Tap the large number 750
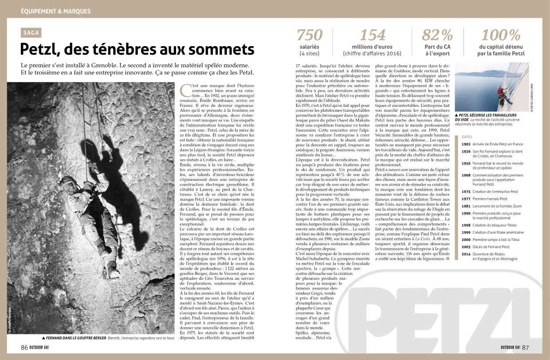pos(309,35)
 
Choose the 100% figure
pos(502,35)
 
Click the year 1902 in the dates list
pos(466,144)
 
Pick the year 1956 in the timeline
pos(466,163)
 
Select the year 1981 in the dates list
pos(466,206)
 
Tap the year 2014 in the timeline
pos(466,254)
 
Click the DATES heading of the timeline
pos(467,137)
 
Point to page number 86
pos(24,347)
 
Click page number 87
pos(525,347)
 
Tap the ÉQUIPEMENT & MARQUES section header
pos(55,11)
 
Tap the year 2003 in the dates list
pos(466,247)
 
